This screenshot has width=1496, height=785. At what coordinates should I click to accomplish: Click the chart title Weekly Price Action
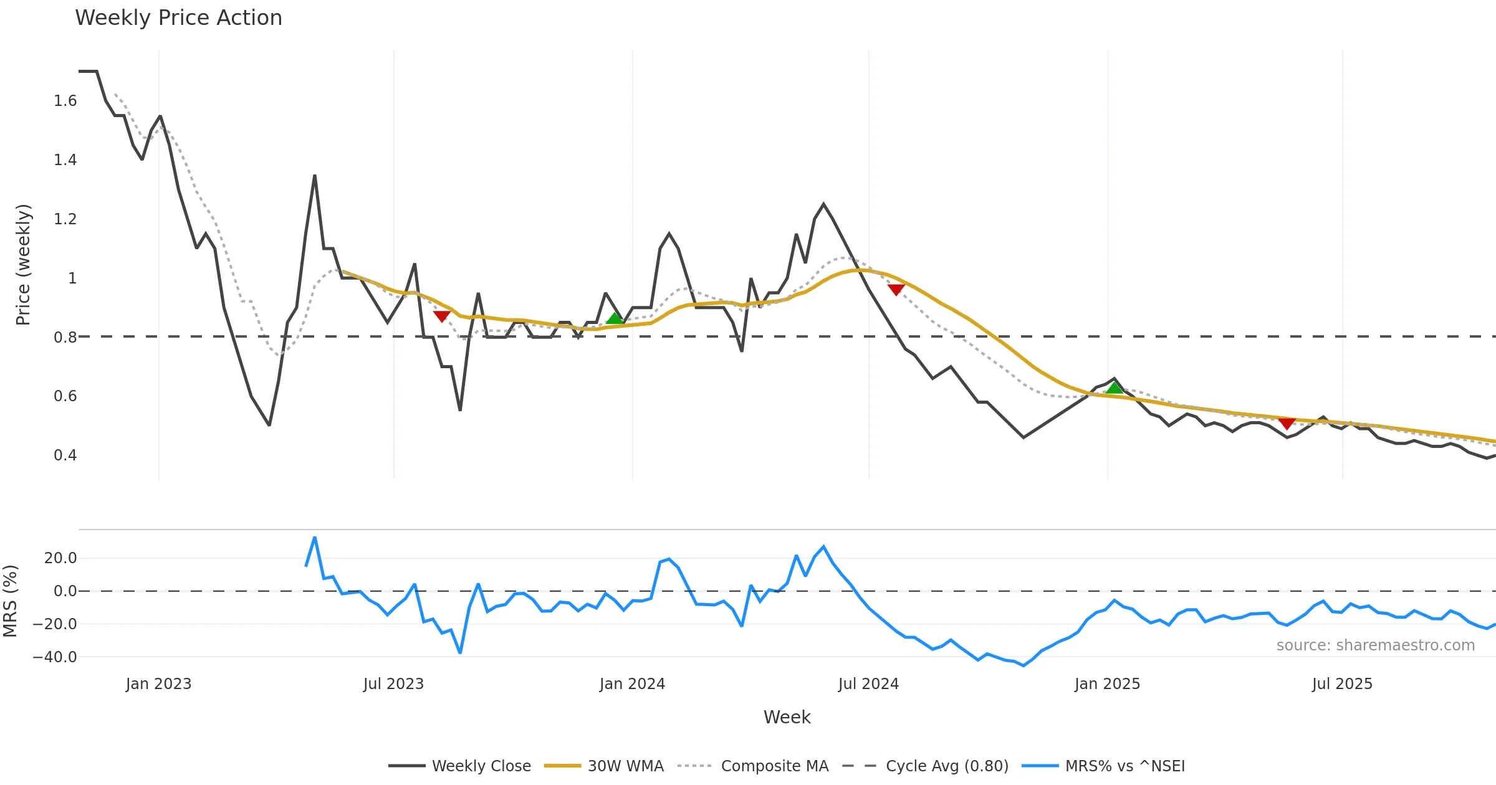point(178,18)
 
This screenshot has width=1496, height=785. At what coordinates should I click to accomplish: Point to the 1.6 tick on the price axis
point(65,101)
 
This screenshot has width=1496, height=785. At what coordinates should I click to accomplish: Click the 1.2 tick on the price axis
point(65,219)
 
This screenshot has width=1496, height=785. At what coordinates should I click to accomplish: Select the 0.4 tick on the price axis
point(65,455)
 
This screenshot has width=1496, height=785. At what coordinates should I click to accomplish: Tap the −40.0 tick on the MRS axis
point(55,657)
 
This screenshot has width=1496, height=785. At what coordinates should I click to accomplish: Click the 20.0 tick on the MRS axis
point(60,558)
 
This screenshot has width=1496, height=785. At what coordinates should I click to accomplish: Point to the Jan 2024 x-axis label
point(632,684)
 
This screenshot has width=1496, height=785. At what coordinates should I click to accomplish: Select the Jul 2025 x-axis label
point(1342,684)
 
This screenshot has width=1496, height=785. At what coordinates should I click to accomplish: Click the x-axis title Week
point(787,717)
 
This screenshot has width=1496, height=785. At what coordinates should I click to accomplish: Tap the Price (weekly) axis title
point(23,265)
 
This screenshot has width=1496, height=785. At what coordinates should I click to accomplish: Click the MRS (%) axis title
point(10,601)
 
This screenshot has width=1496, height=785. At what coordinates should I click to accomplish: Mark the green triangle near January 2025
point(1115,388)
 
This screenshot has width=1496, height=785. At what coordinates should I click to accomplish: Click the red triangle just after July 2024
point(896,290)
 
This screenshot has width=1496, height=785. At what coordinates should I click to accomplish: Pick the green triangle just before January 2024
point(615,318)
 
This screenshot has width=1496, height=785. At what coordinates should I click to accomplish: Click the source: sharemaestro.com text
point(1375,645)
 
